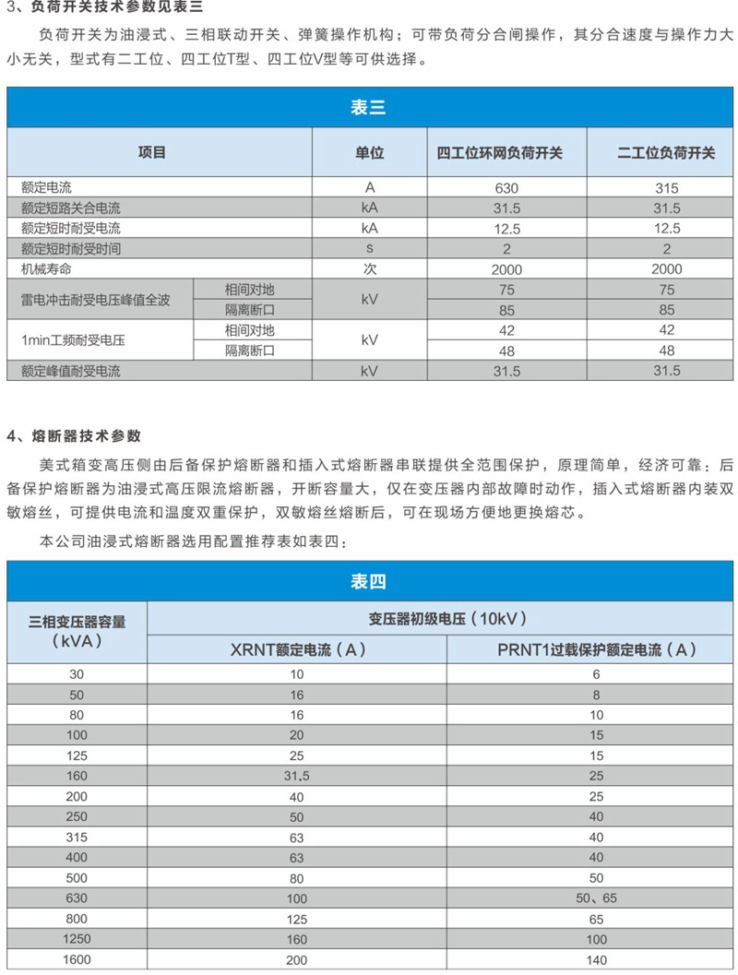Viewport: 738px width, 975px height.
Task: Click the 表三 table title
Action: tap(368, 108)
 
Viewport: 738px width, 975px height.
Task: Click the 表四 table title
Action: tap(368, 581)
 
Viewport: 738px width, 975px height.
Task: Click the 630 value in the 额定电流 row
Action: tap(506, 188)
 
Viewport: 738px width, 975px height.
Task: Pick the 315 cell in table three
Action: tap(666, 188)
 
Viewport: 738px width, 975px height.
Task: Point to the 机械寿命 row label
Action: tap(46, 269)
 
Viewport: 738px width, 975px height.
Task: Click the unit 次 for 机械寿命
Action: tap(371, 269)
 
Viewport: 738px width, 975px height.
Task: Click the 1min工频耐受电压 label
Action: tap(73, 340)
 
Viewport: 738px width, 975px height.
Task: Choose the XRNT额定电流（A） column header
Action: tap(298, 649)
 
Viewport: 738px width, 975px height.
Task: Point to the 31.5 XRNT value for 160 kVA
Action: tap(297, 776)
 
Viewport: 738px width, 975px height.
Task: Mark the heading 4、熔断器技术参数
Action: tap(75, 434)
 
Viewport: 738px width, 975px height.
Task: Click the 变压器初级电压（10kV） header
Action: tap(442, 619)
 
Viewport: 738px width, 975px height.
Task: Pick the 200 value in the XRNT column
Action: tap(297, 959)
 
